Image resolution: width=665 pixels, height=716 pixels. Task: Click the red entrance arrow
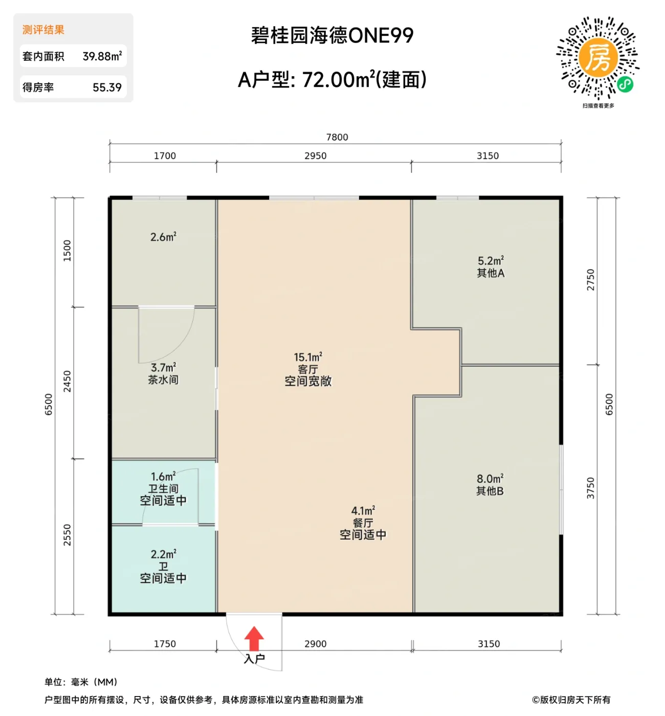[254, 638]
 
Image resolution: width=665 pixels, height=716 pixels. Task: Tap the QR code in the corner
[597, 58]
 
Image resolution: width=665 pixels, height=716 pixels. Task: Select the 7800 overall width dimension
[337, 137]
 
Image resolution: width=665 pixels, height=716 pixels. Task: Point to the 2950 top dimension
[315, 156]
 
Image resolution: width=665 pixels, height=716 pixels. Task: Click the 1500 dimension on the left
[67, 251]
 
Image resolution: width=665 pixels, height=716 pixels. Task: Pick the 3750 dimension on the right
[591, 488]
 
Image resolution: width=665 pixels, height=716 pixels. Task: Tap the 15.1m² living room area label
[307, 357]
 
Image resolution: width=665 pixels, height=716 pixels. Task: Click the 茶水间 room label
[163, 380]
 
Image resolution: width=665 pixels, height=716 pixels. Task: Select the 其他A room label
[491, 273]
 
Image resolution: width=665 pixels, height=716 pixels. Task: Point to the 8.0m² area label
[490, 479]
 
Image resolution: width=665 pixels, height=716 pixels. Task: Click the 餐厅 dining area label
[363, 523]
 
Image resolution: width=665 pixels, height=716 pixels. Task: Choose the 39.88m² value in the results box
[102, 56]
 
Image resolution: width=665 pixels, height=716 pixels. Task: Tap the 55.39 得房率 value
[107, 87]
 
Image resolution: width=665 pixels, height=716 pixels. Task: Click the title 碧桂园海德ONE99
[332, 36]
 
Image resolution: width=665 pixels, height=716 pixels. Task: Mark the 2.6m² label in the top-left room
[163, 237]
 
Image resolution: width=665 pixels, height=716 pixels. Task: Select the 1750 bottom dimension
[165, 644]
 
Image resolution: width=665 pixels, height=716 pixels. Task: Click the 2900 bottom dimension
[315, 644]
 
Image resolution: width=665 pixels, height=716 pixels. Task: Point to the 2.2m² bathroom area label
[163, 554]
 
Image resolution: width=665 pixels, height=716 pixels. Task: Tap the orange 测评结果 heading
[43, 30]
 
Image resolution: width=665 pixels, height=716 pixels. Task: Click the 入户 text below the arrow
[254, 659]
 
